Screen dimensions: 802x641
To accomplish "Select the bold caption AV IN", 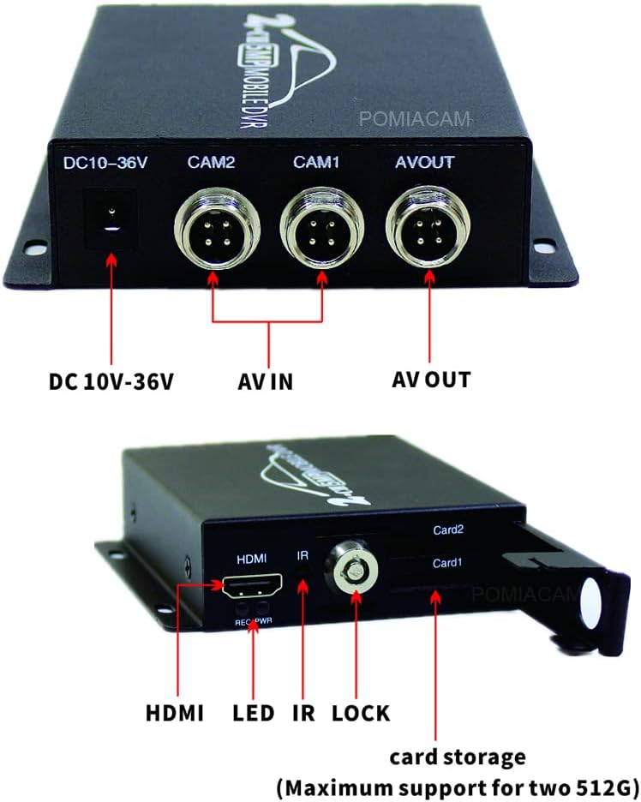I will (x=266, y=380).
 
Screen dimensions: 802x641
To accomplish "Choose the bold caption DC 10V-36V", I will (x=111, y=380).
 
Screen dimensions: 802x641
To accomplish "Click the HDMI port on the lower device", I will (x=255, y=586).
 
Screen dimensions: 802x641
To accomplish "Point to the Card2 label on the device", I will (x=447, y=529).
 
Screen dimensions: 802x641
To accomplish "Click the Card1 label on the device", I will (x=447, y=563).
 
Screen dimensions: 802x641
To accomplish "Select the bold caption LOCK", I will (x=360, y=712).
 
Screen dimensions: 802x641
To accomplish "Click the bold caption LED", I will (x=253, y=712).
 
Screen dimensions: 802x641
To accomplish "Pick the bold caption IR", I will (x=303, y=712).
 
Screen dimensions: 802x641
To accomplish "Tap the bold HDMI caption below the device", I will (x=175, y=712).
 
